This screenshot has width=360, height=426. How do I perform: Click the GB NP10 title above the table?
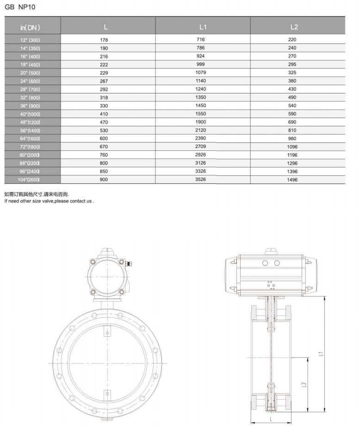19,7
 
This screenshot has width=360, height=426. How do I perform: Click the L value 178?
104,40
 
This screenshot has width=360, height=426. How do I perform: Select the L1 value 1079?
201,73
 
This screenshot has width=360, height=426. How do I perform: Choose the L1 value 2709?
201,146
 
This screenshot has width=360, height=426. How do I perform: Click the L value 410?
104,114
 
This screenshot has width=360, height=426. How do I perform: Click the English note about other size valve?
49,201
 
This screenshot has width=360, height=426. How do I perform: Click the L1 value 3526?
201,179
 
